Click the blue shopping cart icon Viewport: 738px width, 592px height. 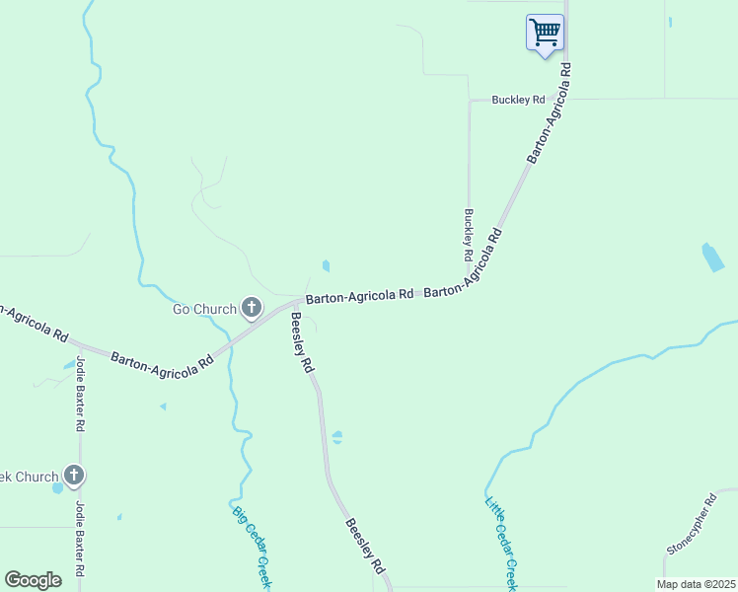tap(545, 33)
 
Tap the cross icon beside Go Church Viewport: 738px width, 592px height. tap(252, 310)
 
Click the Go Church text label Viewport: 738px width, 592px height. tap(205, 310)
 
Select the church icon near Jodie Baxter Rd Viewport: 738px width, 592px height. tap(74, 477)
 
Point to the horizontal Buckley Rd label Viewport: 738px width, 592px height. tap(519, 100)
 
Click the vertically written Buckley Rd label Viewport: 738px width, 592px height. tap(469, 235)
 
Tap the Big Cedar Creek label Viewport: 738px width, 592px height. tap(252, 548)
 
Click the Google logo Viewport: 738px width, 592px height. tap(34, 580)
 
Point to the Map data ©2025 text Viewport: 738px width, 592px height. tap(696, 584)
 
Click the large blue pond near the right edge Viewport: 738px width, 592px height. tap(711, 258)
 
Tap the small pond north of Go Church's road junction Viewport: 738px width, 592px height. tap(326, 265)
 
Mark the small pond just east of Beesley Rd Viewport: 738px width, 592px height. tap(337, 437)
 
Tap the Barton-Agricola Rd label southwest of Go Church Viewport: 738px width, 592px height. tap(162, 361)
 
